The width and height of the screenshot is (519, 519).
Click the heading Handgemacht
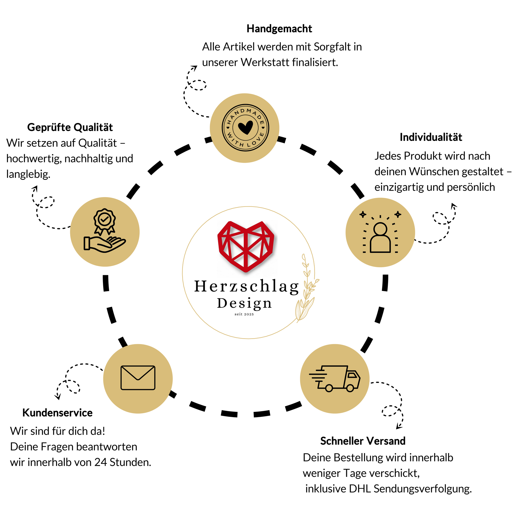tap(279, 29)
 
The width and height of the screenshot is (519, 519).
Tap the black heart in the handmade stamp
tap(246, 127)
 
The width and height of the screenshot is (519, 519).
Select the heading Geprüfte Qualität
tap(70, 127)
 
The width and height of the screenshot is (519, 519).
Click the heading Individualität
tap(431, 137)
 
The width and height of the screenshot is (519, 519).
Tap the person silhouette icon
tap(380, 238)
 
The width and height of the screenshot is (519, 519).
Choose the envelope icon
tap(138, 377)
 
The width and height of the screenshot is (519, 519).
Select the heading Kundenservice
tap(57, 413)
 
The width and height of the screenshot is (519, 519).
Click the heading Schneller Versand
tap(363, 441)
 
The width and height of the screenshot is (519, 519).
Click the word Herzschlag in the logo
tap(246, 286)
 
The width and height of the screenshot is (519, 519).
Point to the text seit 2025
tap(244, 314)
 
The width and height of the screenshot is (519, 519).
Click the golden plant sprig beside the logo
tap(307, 290)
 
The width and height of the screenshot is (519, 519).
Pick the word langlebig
tap(28, 175)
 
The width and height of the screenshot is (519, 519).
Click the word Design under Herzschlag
tap(244, 303)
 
